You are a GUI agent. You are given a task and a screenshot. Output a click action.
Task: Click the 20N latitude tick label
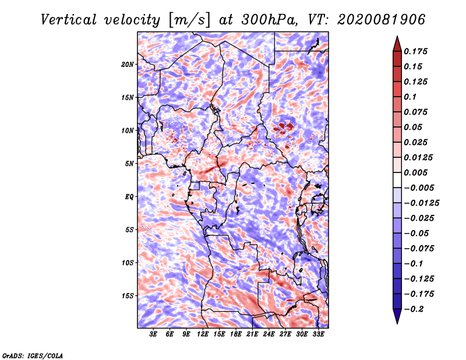click(x=127, y=65)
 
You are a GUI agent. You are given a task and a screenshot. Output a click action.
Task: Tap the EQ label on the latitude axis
click(x=129, y=197)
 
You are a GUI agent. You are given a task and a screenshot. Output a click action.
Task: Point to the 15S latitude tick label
click(x=128, y=296)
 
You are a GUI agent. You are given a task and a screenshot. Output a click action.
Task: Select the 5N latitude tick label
click(x=129, y=164)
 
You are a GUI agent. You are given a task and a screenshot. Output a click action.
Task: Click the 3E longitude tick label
click(x=153, y=334)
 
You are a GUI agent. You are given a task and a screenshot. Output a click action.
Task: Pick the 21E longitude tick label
click(x=252, y=334)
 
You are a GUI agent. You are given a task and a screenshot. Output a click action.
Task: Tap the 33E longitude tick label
click(x=318, y=334)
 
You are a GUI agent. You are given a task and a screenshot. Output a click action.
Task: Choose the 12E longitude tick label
click(x=203, y=334)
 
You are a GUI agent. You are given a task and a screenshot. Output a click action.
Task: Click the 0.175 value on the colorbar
click(x=415, y=51)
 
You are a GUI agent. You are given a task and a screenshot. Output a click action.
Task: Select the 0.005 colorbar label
click(x=415, y=172)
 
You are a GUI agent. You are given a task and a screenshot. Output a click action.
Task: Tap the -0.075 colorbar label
click(x=419, y=249)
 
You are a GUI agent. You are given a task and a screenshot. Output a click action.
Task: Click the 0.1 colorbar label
click(x=410, y=97)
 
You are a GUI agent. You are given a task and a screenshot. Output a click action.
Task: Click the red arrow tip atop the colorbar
click(x=397, y=36)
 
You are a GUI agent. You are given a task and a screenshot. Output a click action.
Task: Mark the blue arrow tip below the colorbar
click(x=397, y=323)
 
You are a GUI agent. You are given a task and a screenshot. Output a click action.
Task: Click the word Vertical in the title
click(x=69, y=20)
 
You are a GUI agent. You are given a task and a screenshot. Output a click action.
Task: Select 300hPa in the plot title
click(x=269, y=20)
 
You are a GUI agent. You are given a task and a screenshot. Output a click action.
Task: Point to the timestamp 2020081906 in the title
click(x=381, y=20)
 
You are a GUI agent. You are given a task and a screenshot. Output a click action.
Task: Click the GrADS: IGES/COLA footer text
click(x=33, y=356)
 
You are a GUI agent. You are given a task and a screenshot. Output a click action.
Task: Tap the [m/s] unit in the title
click(x=189, y=20)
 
